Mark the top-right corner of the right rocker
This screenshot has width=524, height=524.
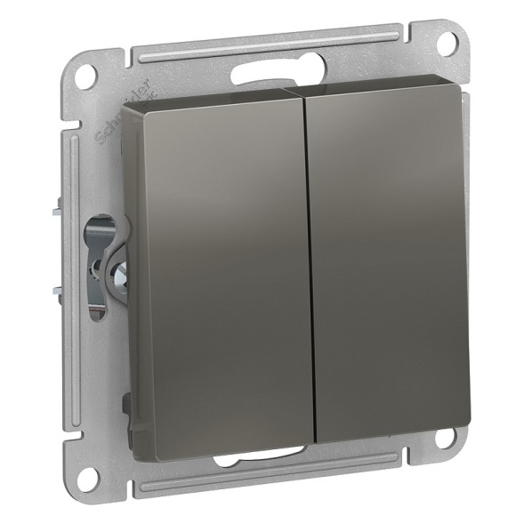click(464, 90)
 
